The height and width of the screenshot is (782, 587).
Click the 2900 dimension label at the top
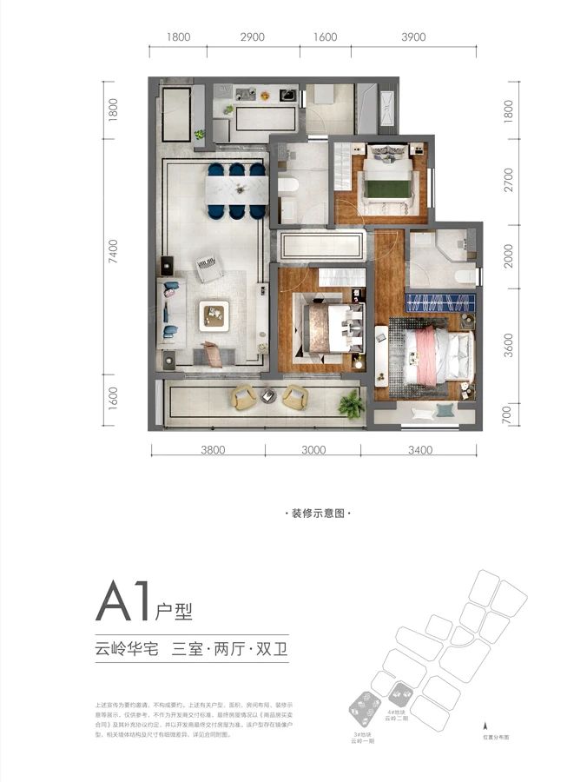pyautogui.click(x=252, y=37)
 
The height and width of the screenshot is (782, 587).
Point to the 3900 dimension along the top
pyautogui.click(x=414, y=37)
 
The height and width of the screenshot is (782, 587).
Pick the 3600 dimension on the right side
pyautogui.click(x=510, y=347)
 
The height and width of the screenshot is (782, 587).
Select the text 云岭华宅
pyautogui.click(x=126, y=649)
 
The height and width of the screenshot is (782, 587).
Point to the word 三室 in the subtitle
pyautogui.click(x=190, y=649)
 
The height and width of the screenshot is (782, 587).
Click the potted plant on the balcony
pyautogui.click(x=352, y=403)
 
